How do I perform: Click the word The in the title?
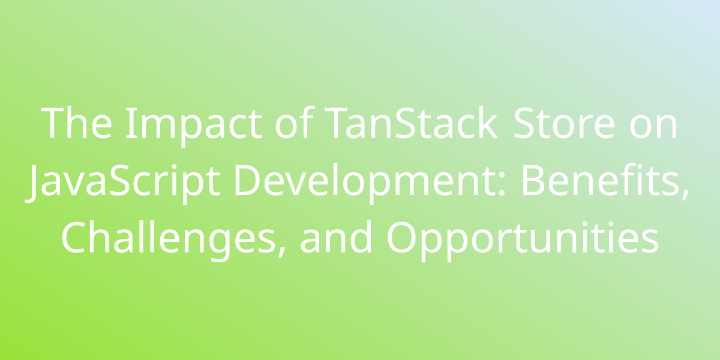[77, 124]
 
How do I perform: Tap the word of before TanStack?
[294, 122]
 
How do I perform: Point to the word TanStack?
[411, 123]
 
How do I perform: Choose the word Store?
[564, 124]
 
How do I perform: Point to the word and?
[336, 237]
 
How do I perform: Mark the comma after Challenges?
[281, 251]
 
